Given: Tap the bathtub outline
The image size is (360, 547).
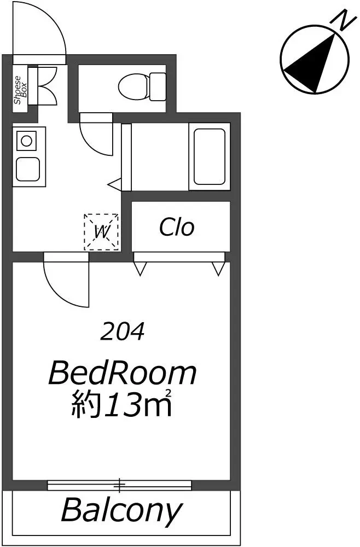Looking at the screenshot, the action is [x=210, y=156].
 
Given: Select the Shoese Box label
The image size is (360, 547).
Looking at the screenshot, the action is [x=20, y=90].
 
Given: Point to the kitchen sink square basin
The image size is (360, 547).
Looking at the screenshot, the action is [x=27, y=169].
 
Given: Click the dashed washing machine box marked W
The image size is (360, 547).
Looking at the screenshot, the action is [x=101, y=232].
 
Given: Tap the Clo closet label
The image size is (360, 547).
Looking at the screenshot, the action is [x=177, y=227].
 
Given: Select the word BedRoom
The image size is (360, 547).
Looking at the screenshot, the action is [x=123, y=373].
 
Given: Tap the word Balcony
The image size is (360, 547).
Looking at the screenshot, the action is [x=122, y=511].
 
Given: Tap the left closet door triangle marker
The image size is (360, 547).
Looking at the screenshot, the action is [x=140, y=269].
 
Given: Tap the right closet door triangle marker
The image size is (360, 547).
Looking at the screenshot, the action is [x=219, y=269].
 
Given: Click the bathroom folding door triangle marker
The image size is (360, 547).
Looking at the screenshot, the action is [x=114, y=183].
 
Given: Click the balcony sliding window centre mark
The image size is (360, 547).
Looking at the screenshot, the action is [x=119, y=485].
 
